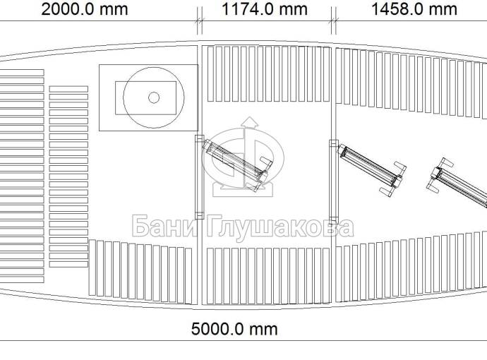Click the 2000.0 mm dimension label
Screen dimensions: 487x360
pyautogui.click(x=85, y=9)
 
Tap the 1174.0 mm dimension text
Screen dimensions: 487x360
pyautogui.click(x=264, y=9)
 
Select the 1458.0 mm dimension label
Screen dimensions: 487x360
pyautogui.click(x=414, y=9)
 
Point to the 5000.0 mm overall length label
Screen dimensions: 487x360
pyautogui.click(x=234, y=329)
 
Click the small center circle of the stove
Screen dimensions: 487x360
pyautogui.click(x=154, y=97)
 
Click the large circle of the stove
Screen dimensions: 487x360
pyautogui.click(x=124, y=97)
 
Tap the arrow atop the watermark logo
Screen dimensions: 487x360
pyautogui.click(x=250, y=122)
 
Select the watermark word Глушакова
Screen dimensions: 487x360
pyautogui.click(x=279, y=227)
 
